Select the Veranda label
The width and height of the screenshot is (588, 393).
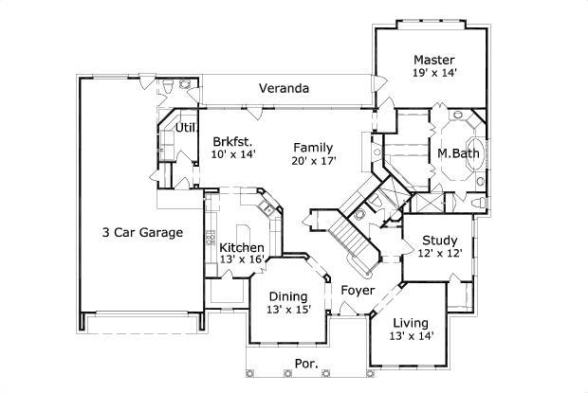tap(285, 89)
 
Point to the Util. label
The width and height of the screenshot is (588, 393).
tap(185, 127)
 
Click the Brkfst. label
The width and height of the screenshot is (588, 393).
tap(233, 139)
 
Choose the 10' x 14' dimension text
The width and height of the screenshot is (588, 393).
tap(233, 154)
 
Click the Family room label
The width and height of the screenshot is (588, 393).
tap(312, 147)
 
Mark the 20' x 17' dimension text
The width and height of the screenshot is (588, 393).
tap(312, 162)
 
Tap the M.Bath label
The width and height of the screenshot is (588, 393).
tap(456, 153)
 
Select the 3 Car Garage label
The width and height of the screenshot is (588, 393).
tap(142, 232)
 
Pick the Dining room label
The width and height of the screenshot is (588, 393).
tap(288, 295)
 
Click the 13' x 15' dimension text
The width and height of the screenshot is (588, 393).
tap(288, 311)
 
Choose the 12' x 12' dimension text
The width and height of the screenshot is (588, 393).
tap(440, 254)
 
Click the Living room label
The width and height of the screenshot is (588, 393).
tap(411, 322)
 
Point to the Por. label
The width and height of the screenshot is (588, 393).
tap(305, 363)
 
